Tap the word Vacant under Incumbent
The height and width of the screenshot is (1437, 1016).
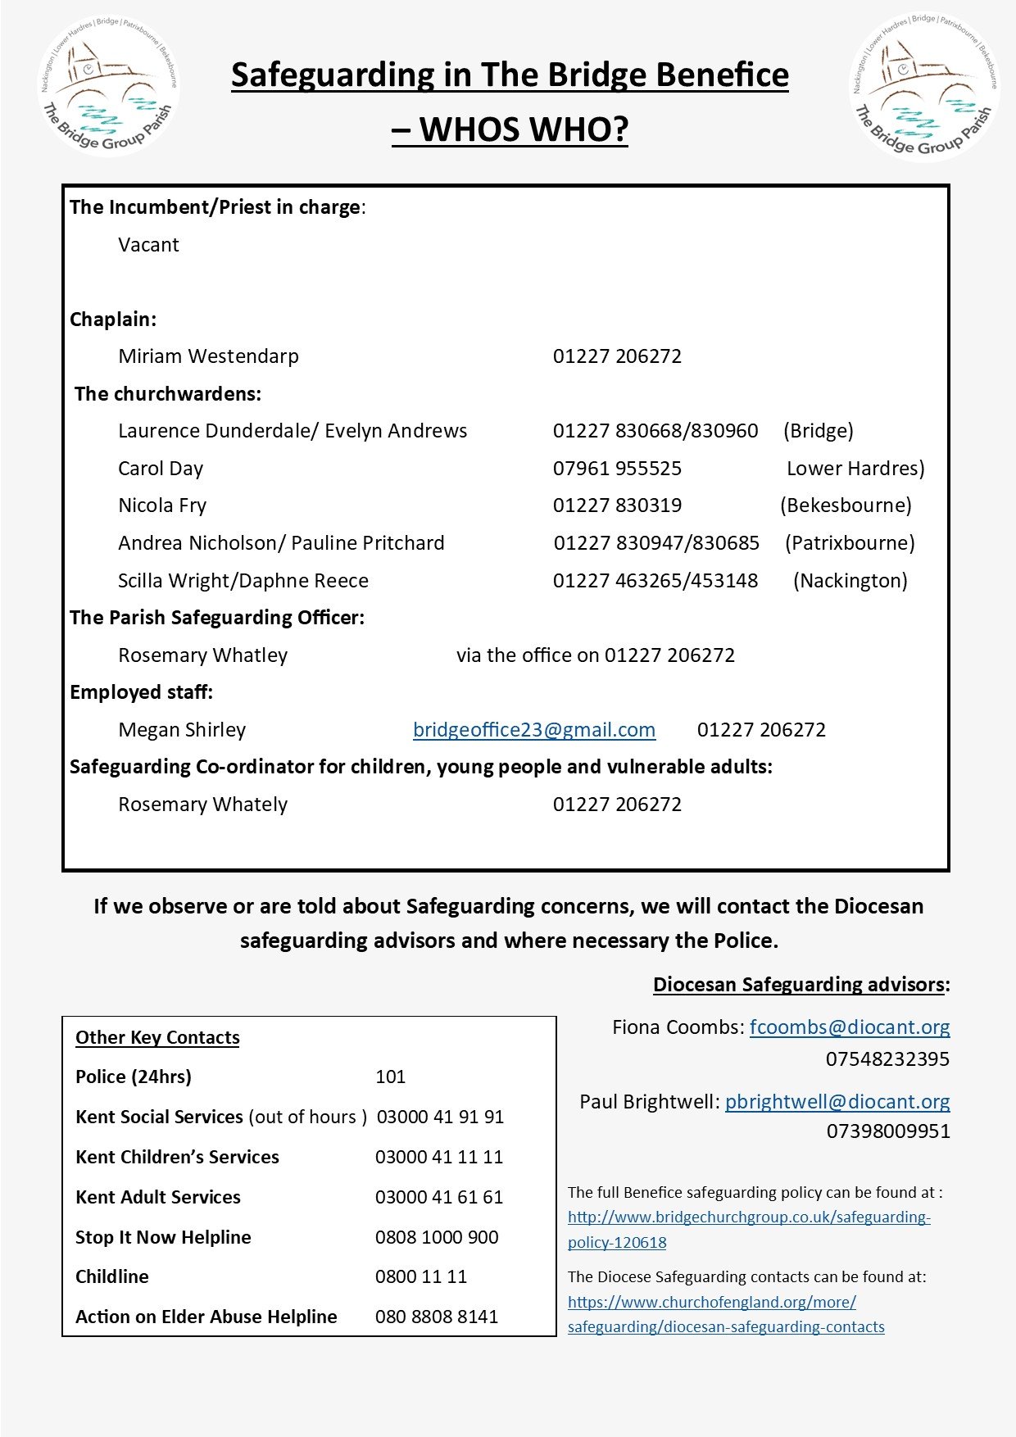coord(148,245)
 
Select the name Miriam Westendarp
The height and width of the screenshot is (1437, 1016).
coord(208,356)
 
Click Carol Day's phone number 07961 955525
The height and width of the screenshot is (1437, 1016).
coord(617,469)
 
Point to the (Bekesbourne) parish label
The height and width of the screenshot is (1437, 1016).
coord(846,505)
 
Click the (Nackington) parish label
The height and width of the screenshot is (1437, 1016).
coord(850,581)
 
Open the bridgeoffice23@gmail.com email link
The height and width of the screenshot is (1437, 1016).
coord(534,730)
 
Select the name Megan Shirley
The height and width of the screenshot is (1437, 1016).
coord(182,730)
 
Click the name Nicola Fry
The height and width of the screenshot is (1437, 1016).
coord(162,505)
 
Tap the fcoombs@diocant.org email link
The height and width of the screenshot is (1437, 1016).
coord(850,1027)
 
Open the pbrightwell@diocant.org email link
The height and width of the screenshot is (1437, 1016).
coord(837,1102)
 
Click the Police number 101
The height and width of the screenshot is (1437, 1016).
coord(390,1077)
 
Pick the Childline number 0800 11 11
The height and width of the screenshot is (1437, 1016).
coord(421,1276)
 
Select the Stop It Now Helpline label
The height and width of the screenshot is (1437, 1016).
coord(163,1237)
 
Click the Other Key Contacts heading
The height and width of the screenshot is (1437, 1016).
coord(157,1037)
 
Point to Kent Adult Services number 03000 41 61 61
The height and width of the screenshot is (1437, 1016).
coord(439,1197)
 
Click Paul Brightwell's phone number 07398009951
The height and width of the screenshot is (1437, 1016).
coord(887,1131)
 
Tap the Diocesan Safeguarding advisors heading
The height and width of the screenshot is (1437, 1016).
coord(800,985)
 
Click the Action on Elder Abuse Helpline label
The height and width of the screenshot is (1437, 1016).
coord(206,1317)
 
